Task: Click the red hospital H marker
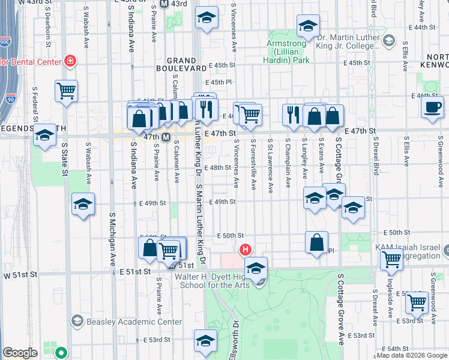245,249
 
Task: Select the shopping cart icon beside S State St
66,91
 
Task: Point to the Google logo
20,353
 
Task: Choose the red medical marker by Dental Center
70,61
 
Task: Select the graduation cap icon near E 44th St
308,25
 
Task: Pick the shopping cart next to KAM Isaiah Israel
391,259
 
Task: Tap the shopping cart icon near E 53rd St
416,303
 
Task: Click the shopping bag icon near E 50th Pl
316,242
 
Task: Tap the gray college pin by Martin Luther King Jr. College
388,40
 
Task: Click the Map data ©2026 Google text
411,355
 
